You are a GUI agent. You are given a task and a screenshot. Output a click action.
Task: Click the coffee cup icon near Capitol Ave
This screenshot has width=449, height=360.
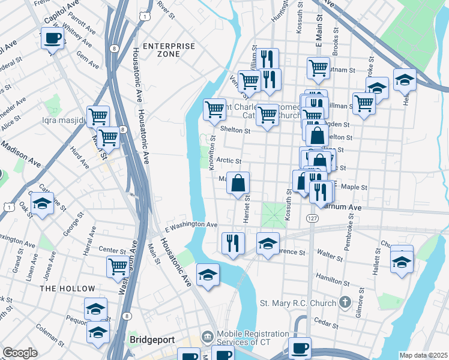point(52,39)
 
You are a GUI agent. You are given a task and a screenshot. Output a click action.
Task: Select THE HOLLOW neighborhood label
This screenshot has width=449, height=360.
point(59,289)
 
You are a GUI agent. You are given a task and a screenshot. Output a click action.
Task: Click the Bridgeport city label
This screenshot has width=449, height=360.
point(152,340)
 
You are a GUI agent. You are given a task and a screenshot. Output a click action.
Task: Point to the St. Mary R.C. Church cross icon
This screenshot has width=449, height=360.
point(345,303)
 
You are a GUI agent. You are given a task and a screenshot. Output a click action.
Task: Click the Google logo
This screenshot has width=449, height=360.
point(20,353)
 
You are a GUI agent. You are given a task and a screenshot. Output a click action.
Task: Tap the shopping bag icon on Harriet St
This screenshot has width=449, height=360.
point(238,182)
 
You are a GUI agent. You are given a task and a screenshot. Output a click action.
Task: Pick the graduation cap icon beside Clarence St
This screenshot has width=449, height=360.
point(268,243)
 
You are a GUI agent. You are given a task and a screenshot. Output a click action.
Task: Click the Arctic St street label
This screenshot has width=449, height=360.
point(229,161)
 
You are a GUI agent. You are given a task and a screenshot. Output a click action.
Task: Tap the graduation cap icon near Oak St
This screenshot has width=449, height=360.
point(42,204)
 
